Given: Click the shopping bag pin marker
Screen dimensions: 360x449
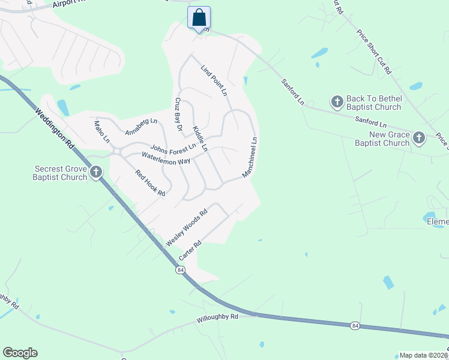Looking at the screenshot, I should click(199, 18).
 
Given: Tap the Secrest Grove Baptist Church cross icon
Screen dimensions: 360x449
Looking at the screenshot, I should click(95, 173).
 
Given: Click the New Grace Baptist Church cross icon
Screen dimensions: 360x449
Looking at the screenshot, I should click(418, 139).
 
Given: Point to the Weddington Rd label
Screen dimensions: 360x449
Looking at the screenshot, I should click(54, 128).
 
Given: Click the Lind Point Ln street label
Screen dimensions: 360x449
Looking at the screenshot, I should click(214, 81).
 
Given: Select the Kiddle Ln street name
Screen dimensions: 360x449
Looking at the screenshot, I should click(200, 139).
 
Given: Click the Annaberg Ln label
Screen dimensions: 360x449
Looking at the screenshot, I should click(140, 126).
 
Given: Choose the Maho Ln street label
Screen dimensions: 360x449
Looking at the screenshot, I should click(102, 132).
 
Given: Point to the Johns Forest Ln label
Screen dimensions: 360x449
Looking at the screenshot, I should click(173, 148).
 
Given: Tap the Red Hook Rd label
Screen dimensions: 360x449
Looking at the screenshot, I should click(150, 184).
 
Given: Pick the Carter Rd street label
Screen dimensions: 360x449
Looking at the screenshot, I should click(189, 250).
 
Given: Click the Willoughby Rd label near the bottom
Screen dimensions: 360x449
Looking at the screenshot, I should click(217, 317).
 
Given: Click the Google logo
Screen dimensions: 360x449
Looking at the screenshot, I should click(20, 353).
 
